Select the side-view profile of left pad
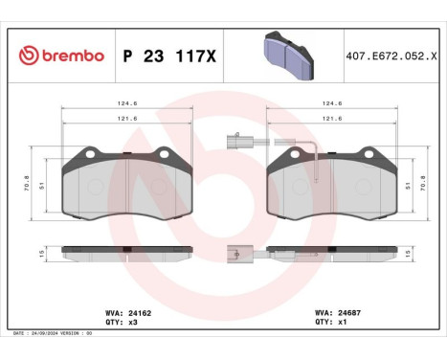[127, 254]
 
